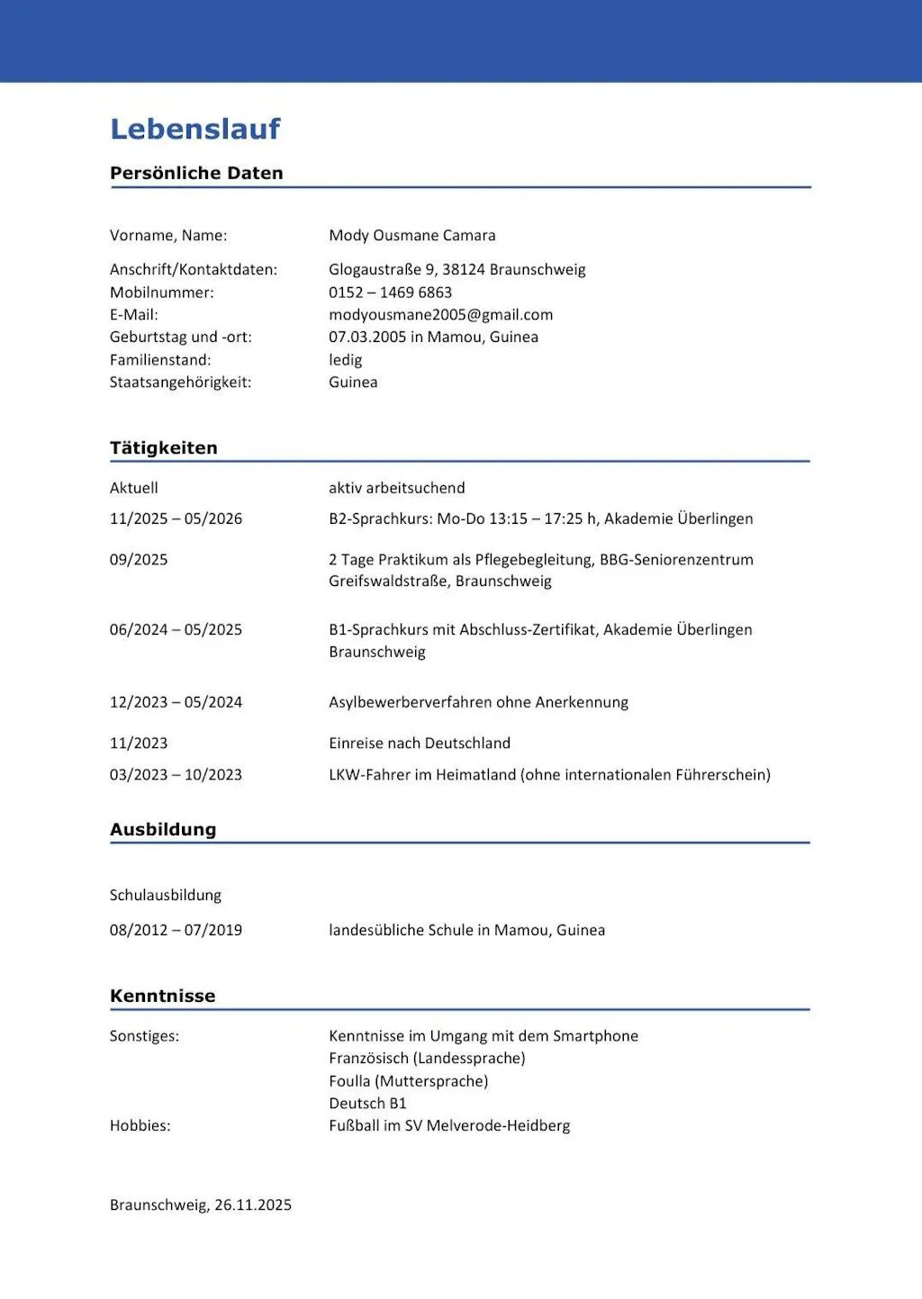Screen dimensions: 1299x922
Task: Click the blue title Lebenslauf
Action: (x=195, y=130)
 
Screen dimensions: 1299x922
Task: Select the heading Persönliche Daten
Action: (x=196, y=173)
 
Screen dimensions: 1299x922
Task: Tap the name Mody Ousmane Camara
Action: (x=412, y=236)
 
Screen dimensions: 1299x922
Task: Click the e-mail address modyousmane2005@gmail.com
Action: (x=441, y=315)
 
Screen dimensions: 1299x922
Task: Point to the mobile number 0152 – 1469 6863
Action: (x=391, y=293)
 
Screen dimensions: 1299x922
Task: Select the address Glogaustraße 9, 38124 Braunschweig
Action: (x=457, y=270)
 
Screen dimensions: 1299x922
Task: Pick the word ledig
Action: (x=346, y=360)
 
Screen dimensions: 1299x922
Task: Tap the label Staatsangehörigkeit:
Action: (x=181, y=383)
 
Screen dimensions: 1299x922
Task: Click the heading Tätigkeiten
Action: (x=164, y=448)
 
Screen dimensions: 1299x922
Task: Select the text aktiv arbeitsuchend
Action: (x=397, y=488)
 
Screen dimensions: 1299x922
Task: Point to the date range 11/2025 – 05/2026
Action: (x=176, y=519)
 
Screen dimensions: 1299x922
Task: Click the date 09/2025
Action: (x=139, y=560)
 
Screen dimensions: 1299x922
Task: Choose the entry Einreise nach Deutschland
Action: (x=420, y=744)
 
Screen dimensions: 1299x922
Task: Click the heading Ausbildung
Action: (x=163, y=830)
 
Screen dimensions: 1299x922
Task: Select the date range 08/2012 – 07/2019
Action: (x=176, y=931)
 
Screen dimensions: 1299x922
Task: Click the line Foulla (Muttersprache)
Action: (x=409, y=1081)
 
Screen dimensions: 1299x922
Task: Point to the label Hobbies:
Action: (x=140, y=1126)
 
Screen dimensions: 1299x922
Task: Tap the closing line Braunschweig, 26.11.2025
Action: (x=201, y=1205)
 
